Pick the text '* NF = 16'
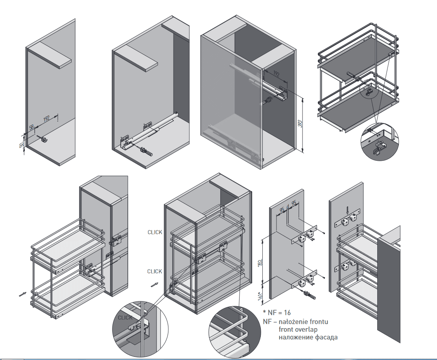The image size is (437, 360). click(x=277, y=313)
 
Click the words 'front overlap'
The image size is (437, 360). click(x=298, y=329)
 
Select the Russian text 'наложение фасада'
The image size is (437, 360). click(x=308, y=337)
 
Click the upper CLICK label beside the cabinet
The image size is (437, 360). click(x=155, y=232)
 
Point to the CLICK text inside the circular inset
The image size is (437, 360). click(x=125, y=318)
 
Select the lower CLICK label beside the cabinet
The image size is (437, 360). click(x=155, y=272)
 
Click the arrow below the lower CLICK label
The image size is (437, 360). click(x=155, y=284)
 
